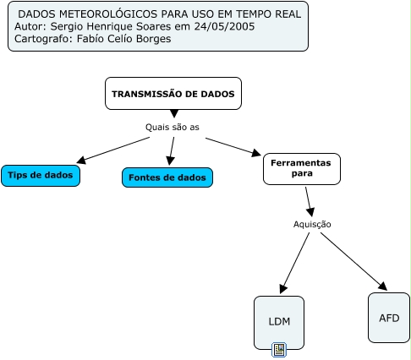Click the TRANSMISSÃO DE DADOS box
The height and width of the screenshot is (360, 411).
click(x=173, y=93)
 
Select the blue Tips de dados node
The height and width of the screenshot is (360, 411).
click(x=41, y=176)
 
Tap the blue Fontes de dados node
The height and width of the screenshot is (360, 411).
click(x=167, y=177)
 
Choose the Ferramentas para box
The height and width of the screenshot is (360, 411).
click(x=302, y=169)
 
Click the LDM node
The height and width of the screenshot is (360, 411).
click(x=279, y=322)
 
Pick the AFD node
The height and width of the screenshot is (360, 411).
click(x=389, y=318)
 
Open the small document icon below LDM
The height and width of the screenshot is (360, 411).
click(x=279, y=350)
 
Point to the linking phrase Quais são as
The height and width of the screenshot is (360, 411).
click(x=173, y=127)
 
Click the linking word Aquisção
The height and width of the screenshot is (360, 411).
click(x=312, y=224)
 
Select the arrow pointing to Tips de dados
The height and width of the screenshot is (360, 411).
click(x=113, y=150)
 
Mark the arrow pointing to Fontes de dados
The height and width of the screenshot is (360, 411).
click(x=171, y=151)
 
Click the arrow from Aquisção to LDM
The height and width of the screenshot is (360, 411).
click(x=294, y=263)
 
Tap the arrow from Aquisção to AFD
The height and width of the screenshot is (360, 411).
click(x=354, y=262)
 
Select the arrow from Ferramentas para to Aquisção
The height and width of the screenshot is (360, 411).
click(x=310, y=202)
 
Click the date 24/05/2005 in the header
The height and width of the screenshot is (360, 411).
click(x=224, y=26)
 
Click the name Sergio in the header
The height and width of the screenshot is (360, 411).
click(x=67, y=26)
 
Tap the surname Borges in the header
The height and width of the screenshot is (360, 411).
click(x=154, y=39)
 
